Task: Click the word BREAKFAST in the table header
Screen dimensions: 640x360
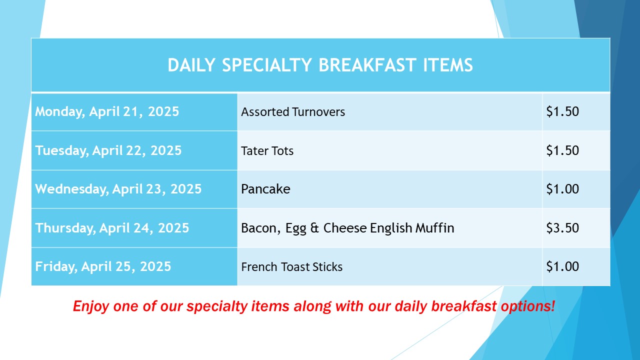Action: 366,65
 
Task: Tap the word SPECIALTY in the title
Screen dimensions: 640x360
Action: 267,65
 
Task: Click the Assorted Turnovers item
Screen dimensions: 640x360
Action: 293,111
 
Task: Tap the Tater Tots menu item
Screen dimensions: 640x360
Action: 267,150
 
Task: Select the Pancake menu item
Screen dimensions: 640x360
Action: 265,189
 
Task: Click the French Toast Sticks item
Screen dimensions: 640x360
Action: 291,266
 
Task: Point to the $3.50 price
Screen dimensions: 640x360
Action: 562,227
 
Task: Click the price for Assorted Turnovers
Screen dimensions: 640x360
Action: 562,111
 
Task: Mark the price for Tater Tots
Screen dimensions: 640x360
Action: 562,150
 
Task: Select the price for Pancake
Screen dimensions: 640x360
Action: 562,189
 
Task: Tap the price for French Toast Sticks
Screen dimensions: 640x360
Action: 562,266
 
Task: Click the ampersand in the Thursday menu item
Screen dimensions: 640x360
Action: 314,228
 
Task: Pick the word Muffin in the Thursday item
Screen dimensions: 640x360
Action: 434,227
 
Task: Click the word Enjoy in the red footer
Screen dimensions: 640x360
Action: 91,306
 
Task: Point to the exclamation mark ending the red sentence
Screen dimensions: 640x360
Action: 552,305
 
